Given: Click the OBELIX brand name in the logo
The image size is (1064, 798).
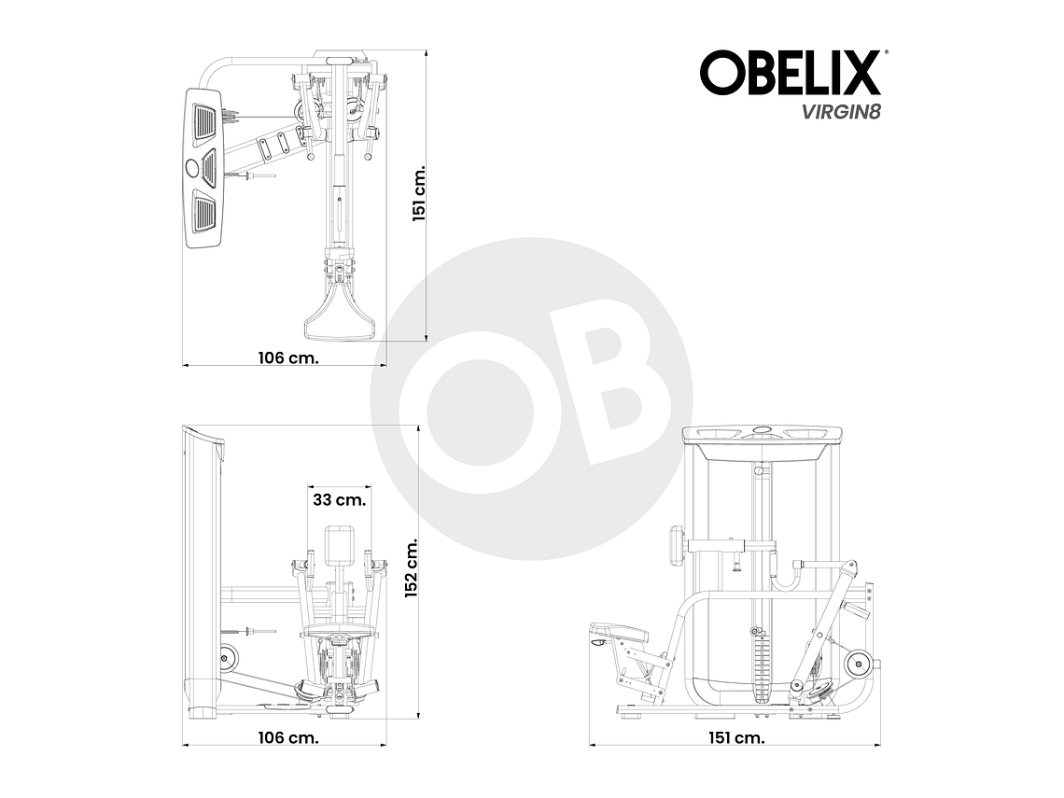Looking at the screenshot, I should [x=791, y=73].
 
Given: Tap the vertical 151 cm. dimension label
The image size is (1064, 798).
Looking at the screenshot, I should [x=420, y=194].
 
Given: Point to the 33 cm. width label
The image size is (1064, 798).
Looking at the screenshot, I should [x=339, y=499].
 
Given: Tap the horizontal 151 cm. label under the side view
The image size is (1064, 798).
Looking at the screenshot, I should [x=735, y=737].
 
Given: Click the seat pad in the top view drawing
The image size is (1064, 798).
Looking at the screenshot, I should [x=340, y=314].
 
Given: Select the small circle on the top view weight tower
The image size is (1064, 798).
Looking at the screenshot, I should [x=193, y=168].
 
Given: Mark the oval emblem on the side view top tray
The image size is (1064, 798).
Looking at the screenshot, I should [x=763, y=430].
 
